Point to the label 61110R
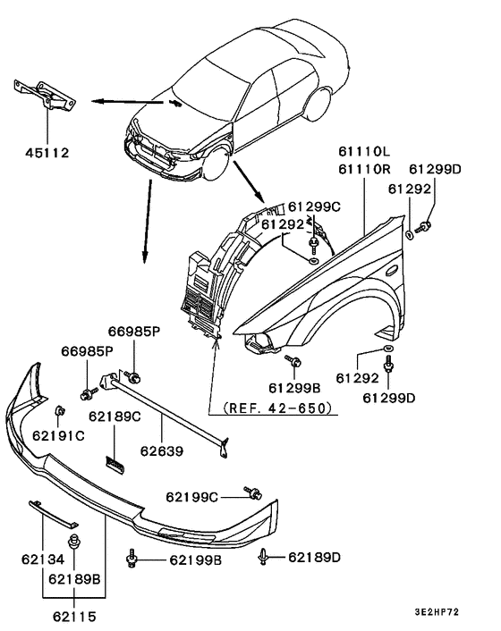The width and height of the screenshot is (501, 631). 366,169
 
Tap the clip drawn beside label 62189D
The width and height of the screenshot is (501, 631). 266,558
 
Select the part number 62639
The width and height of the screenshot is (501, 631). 161,451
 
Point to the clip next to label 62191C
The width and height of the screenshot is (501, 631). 58,411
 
